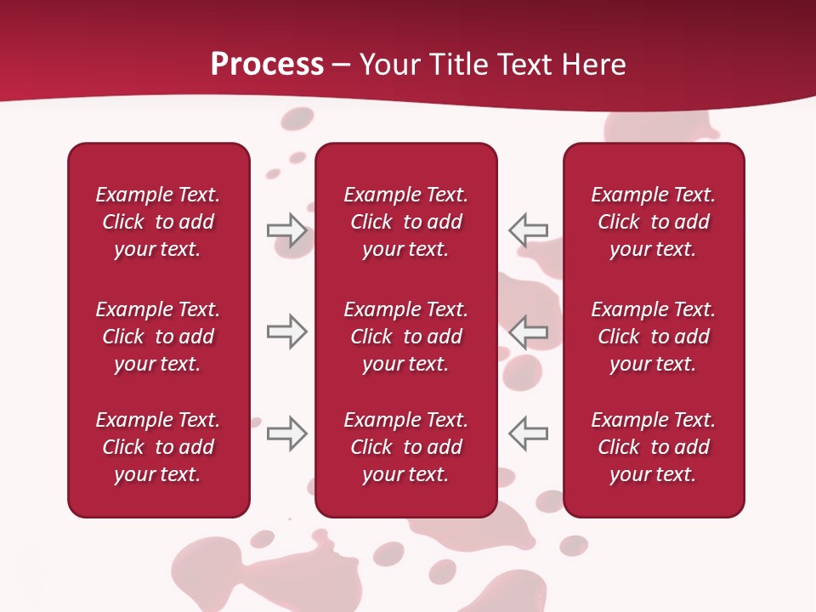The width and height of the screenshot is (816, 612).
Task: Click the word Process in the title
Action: tap(267, 65)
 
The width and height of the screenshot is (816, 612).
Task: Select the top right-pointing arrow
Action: tap(286, 230)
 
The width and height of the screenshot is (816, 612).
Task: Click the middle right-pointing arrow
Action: tap(286, 331)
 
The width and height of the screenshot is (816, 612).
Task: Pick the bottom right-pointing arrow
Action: tap(286, 433)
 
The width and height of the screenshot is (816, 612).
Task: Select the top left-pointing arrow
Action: tap(528, 230)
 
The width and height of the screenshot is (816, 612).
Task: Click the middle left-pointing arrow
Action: tap(528, 331)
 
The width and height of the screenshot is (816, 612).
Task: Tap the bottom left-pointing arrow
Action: tap(528, 433)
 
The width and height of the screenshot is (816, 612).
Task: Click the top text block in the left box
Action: tap(158, 222)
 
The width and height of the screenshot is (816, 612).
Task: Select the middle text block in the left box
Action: tap(158, 337)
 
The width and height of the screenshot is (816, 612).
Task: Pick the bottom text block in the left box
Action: tap(158, 447)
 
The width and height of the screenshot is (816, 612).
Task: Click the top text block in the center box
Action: tap(406, 222)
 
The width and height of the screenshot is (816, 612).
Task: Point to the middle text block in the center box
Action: tap(406, 337)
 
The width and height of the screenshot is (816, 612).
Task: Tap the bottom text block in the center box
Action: tap(406, 447)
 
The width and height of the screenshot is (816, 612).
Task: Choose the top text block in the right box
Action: tap(654, 222)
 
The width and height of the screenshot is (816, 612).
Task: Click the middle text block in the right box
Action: tap(654, 337)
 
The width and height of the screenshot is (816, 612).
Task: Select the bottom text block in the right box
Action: tap(654, 447)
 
